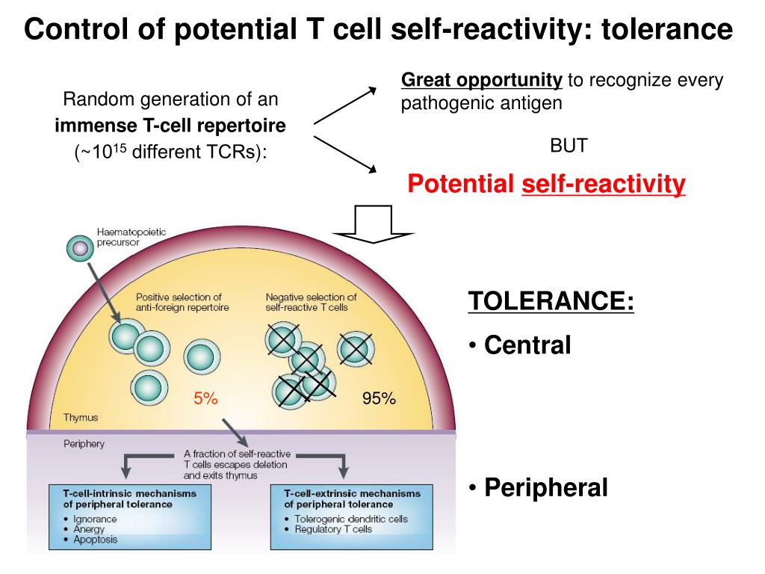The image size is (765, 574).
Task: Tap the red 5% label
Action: click(205, 398)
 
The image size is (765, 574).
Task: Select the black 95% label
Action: click(379, 398)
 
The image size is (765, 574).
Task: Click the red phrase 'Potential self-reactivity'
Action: click(546, 184)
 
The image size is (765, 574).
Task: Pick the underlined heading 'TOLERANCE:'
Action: click(551, 301)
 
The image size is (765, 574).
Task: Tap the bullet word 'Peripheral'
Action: click(546, 488)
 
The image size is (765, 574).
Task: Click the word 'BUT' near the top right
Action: click(569, 145)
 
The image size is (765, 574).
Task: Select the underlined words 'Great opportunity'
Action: click(482, 80)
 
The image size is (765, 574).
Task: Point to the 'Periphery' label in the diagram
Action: click(84, 443)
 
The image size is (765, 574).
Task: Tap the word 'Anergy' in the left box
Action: click(90, 528)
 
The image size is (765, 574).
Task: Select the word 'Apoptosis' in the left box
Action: click(96, 539)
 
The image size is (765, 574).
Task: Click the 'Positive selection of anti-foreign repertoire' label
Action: click(182, 302)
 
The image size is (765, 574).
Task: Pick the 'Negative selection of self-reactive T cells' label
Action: click(311, 302)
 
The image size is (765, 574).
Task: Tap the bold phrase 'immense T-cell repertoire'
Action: click(170, 126)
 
